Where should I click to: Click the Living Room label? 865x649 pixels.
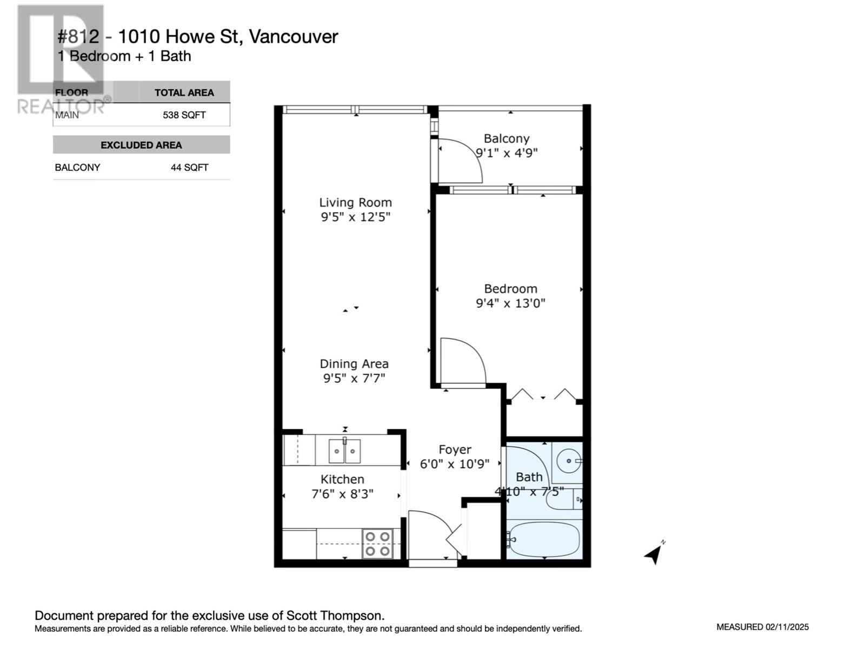pos(355,202)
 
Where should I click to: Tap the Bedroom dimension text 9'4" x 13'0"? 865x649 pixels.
pos(510,303)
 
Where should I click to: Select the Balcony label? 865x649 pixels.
pos(507,138)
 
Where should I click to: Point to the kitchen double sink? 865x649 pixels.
pos(344,451)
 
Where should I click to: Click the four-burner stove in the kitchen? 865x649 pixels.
pos(377,544)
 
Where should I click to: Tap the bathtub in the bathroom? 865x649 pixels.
pos(543,539)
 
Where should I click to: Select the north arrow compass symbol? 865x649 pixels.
pos(655,552)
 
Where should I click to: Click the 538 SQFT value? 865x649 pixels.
pos(184,115)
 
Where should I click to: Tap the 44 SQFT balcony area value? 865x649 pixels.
pos(189,168)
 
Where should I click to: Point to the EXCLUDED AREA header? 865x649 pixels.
pos(141,145)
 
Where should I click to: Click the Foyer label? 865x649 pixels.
pos(455,449)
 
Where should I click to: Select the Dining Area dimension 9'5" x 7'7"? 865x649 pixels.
pos(354,378)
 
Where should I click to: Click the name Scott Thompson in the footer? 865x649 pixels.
pos(335,615)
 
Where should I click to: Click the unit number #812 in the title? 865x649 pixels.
pos(78,37)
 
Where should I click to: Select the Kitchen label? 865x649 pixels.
pos(342,479)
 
